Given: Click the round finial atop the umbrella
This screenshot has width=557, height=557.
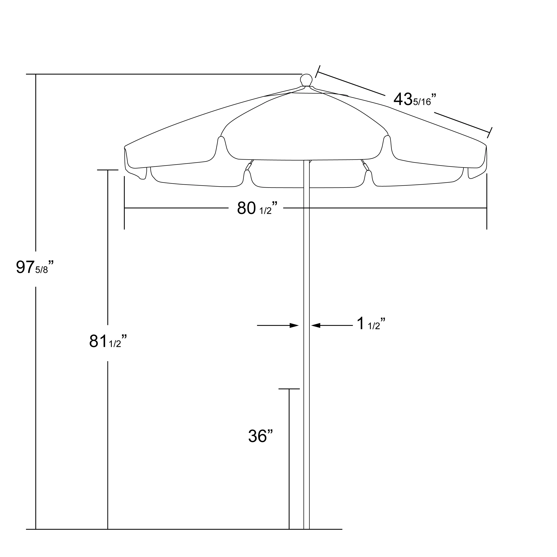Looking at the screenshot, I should pos(306,79).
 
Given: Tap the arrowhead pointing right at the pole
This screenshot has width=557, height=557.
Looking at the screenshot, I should pos(294,325).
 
